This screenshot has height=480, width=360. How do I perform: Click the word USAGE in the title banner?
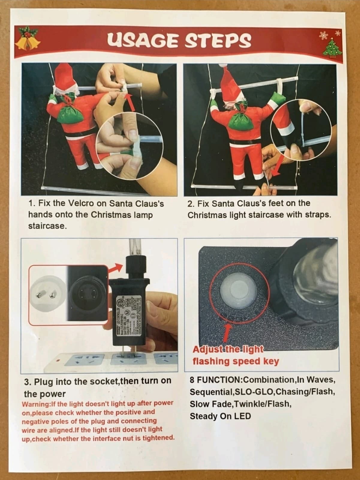pos(142,41)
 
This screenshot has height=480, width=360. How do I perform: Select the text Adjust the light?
pos(228,350)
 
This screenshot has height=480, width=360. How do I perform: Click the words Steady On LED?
pos(220,416)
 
